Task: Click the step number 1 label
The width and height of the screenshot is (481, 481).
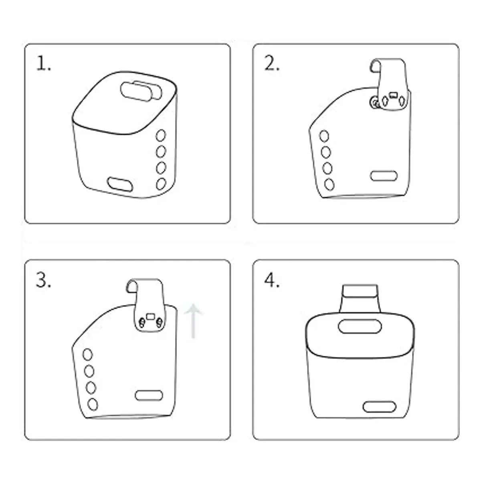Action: coord(43,64)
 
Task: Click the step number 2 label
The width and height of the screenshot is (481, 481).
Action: coord(272,64)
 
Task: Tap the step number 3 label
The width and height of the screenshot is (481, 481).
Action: coord(43,280)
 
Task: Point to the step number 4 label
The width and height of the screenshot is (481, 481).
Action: coord(272,280)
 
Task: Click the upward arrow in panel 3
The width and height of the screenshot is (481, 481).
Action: coord(193,321)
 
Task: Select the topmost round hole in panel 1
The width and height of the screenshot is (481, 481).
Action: coord(161,135)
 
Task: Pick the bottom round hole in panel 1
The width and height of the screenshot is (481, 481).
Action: coord(161,184)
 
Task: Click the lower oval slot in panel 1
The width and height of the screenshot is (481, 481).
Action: coord(120,184)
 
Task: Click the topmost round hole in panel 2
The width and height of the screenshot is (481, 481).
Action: coord(324,136)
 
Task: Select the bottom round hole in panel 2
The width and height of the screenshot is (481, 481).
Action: coord(329,184)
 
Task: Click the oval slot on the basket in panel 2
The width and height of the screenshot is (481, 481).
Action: coord(384,176)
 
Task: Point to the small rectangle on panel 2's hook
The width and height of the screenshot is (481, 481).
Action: coord(393,95)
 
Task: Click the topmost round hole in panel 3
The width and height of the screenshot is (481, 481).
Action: coord(88,354)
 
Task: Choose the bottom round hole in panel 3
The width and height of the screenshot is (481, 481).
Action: coord(93,404)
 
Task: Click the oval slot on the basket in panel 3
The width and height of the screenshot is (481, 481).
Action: coord(149,395)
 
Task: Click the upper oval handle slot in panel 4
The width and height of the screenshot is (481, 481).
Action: coord(360,326)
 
